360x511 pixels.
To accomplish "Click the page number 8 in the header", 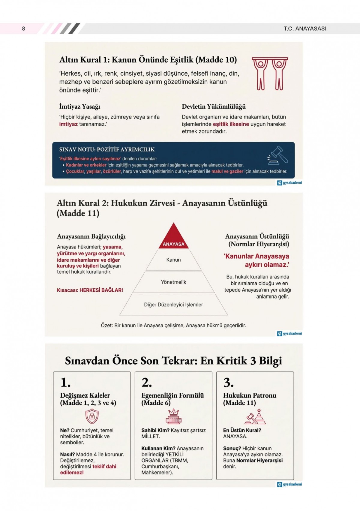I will pyautogui.click(x=23, y=29).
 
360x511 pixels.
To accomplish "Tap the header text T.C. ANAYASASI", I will pyautogui.click(x=305, y=29).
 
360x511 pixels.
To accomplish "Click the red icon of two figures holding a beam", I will pyautogui.click(x=270, y=74).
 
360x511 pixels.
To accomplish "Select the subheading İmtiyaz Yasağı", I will pyautogui.click(x=79, y=107).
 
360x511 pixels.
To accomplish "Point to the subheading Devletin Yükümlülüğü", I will pyautogui.click(x=214, y=107).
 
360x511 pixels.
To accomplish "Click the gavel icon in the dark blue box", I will pyautogui.click(x=278, y=155).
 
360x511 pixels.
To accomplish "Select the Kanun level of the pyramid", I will pyautogui.click(x=173, y=260).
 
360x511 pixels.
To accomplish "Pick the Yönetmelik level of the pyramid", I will pyautogui.click(x=173, y=282).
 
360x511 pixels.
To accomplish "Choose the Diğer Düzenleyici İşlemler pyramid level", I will pyautogui.click(x=173, y=305).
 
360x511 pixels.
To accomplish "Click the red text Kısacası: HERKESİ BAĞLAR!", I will pyautogui.click(x=90, y=290).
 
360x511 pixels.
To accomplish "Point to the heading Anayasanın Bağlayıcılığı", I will pyautogui.click(x=91, y=236).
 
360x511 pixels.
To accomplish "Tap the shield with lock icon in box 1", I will pyautogui.click(x=92, y=416).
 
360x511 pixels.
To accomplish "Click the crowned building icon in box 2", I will pyautogui.click(x=173, y=416).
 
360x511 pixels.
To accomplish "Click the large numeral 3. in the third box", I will pyautogui.click(x=228, y=383).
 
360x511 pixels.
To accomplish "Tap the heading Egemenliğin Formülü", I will pyautogui.click(x=172, y=395).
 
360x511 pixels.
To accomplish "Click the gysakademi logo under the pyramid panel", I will pyautogui.click(x=289, y=333).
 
